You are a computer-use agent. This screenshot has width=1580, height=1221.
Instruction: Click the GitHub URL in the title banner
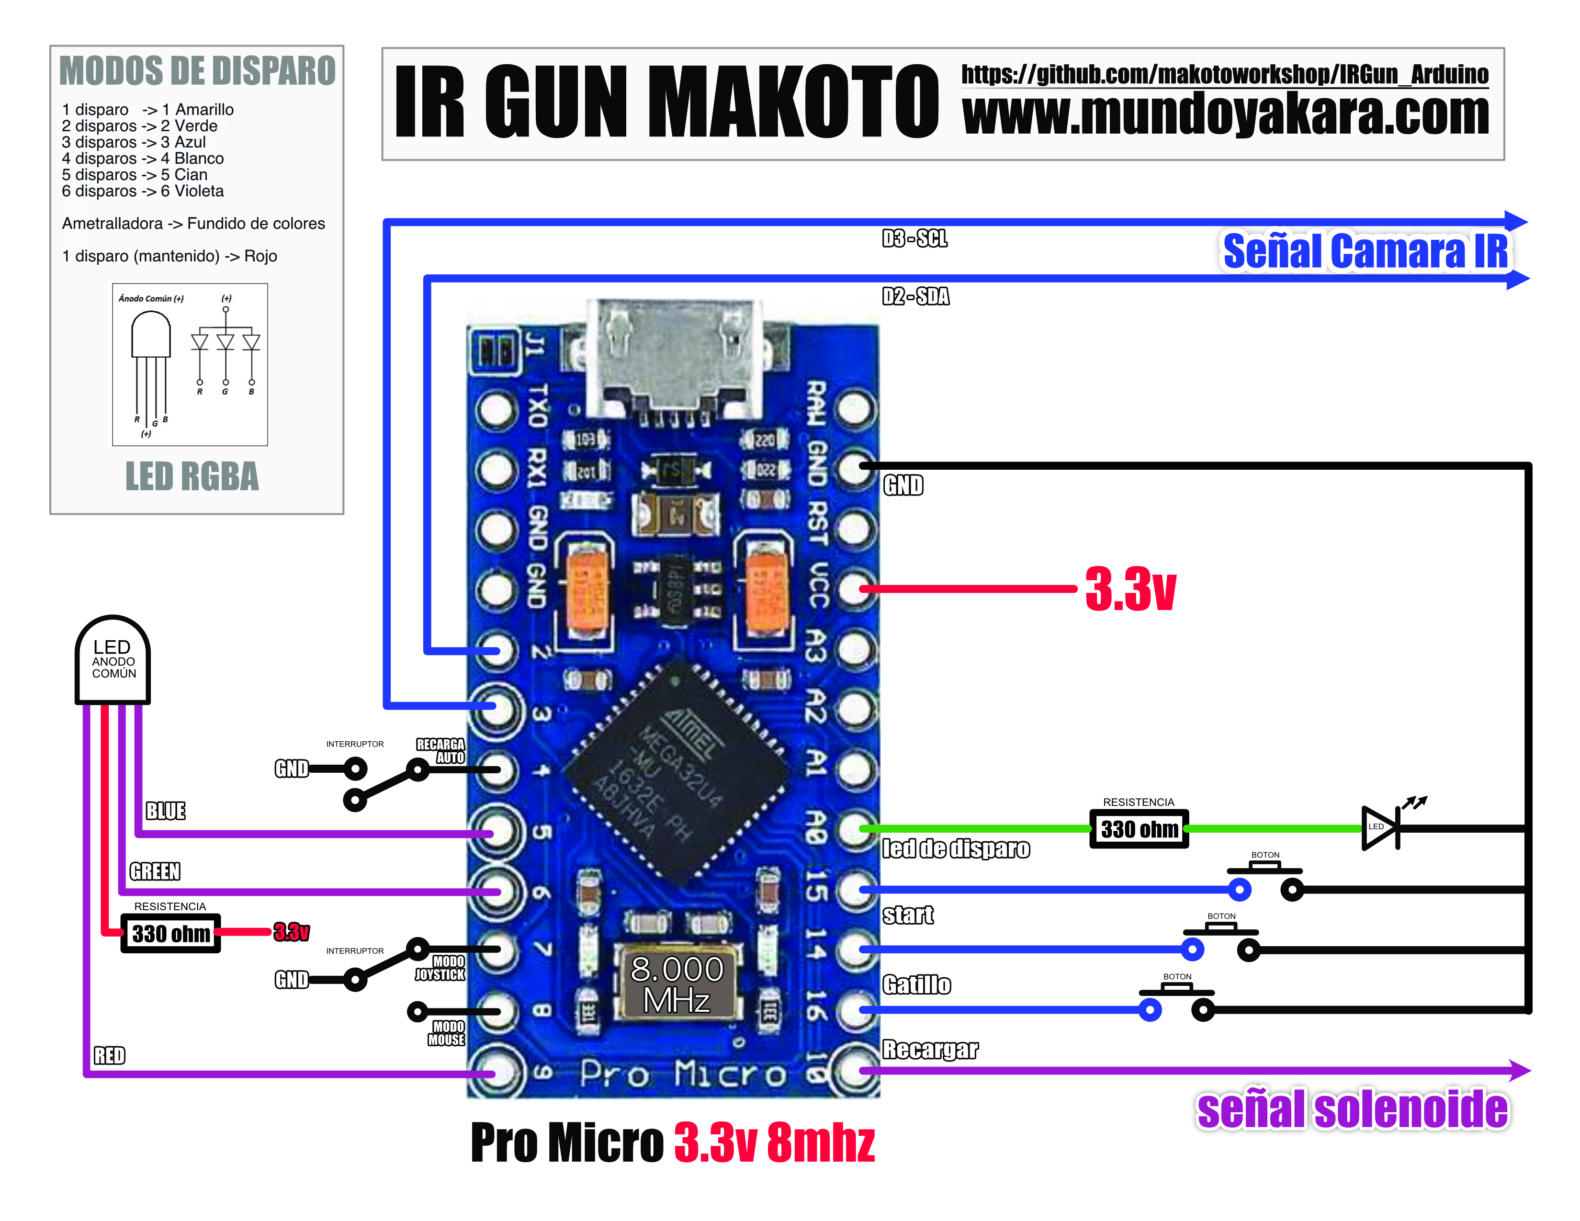(x=1224, y=74)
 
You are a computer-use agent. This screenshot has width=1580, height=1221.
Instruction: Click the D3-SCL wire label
(x=914, y=239)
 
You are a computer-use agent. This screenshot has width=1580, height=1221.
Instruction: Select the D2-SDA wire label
(x=915, y=296)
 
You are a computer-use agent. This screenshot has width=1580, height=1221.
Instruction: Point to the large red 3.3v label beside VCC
(x=1130, y=589)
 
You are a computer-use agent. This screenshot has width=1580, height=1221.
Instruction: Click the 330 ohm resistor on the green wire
(x=1139, y=829)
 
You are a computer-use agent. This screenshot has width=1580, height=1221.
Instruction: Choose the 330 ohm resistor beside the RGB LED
(x=171, y=934)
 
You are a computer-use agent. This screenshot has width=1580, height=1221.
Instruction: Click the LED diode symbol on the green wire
(x=1380, y=827)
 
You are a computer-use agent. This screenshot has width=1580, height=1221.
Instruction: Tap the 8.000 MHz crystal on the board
(x=677, y=984)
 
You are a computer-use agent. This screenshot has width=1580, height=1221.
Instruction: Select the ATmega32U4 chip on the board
(x=677, y=772)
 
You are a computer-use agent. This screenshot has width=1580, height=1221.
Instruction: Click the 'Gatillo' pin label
(x=916, y=984)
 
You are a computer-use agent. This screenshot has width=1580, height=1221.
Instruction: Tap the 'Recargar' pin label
(x=930, y=1050)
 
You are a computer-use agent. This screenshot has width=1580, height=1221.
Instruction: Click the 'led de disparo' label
(x=956, y=848)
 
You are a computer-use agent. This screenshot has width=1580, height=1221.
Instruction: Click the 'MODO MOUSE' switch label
(x=447, y=1033)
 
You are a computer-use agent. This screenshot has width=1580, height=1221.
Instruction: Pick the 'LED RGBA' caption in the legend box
(x=192, y=477)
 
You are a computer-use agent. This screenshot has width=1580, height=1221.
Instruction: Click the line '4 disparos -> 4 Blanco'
(x=143, y=158)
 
